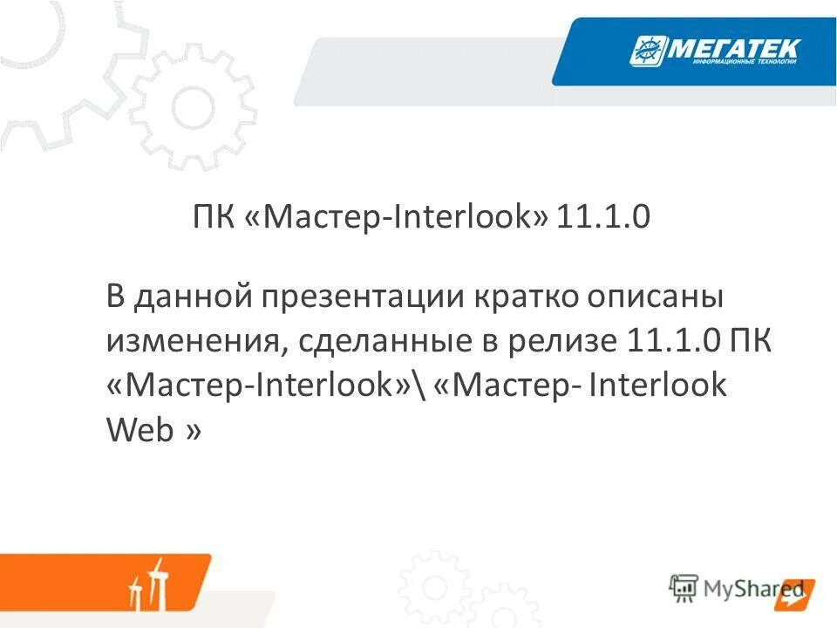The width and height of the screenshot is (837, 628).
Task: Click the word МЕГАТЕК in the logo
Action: pyautogui.click(x=732, y=50)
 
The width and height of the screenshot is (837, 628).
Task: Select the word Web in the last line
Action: pyautogui.click(x=139, y=430)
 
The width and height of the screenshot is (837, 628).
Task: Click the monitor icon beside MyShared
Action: pyautogui.click(x=684, y=588)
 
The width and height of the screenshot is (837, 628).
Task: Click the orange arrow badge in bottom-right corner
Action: pyautogui.click(x=798, y=592)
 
